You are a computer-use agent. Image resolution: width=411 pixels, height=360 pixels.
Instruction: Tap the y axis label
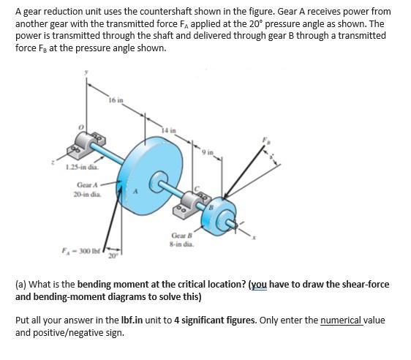point(87,72)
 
